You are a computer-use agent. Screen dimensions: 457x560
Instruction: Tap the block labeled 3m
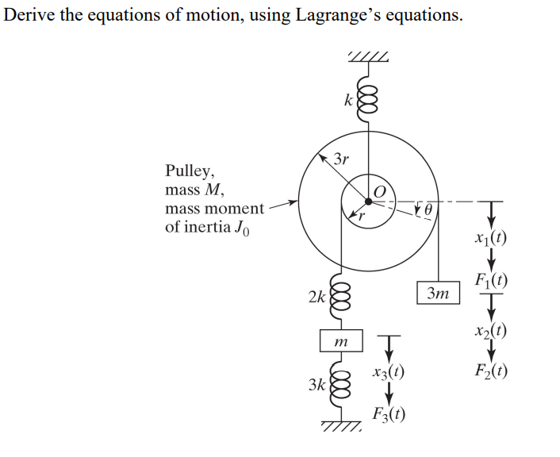437,293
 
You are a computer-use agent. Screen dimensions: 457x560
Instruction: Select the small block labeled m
340,340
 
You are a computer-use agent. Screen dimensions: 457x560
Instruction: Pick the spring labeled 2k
341,298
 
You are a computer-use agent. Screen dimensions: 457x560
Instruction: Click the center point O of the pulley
369,201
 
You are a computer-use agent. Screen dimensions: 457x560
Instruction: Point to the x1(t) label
490,236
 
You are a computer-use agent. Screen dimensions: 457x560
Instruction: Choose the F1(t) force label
490,279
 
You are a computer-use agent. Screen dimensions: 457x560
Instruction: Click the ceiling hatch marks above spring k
369,56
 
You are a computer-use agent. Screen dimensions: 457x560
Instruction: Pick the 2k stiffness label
316,298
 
